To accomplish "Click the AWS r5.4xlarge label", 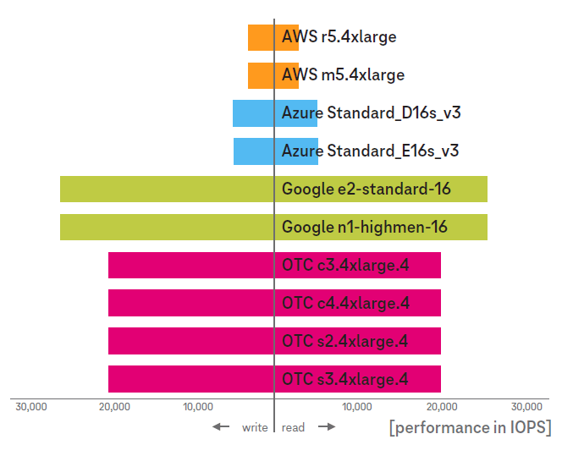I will [339, 37].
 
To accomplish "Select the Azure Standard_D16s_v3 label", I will [371, 113].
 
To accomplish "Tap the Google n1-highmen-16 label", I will [364, 227].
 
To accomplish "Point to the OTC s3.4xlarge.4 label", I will [344, 379].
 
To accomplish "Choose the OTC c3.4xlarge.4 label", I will [345, 266].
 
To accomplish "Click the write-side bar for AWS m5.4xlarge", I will [261, 75].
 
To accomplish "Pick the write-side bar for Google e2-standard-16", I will [167, 190].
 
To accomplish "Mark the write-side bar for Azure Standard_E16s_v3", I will [254, 151].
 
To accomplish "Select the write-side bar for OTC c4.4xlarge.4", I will [190, 303].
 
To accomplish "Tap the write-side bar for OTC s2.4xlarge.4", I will [190, 341].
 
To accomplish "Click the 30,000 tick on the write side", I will [31, 407].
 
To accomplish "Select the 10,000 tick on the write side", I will [197, 407].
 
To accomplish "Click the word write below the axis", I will [255, 428].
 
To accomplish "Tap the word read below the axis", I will [293, 428].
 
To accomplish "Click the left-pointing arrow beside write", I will [221, 427].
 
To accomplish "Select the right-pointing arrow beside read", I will [327, 427].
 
